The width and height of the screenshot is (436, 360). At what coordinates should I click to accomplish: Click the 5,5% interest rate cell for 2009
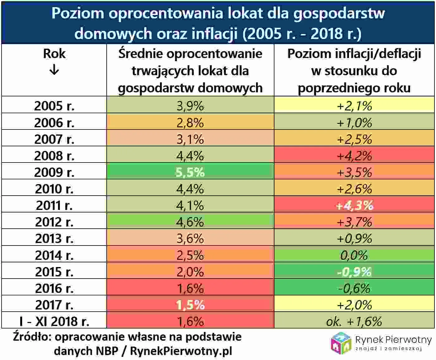coord(190,172)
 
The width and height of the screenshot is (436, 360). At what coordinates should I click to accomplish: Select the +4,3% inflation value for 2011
coord(354,205)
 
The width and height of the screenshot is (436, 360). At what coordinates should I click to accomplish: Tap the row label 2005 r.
coord(54,106)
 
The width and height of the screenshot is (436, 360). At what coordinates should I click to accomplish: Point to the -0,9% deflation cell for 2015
coord(354,272)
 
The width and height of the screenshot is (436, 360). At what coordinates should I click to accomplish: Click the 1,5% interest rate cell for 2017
coord(190,305)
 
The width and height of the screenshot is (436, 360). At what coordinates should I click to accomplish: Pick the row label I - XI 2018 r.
coord(54,321)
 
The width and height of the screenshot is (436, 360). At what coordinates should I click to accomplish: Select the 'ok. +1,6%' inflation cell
coord(354,321)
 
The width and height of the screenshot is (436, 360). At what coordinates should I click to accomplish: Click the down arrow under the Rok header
coord(54,70)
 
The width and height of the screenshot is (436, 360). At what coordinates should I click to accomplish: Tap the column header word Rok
coord(54,54)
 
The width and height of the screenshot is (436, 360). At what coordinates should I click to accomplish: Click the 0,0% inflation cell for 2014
coord(354,255)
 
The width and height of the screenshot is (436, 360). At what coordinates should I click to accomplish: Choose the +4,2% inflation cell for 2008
coord(354,156)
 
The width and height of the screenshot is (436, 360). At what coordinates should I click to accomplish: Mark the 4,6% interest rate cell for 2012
coord(190,222)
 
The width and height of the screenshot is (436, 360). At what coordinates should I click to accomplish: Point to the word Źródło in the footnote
coord(31,337)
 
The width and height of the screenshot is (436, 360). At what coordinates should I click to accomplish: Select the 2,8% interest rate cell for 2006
coord(190,123)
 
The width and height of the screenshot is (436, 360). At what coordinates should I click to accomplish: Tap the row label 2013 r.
coord(54,239)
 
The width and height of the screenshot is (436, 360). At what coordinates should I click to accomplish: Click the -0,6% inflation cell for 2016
coord(354,288)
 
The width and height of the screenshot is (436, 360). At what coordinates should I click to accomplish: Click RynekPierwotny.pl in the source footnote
coord(181,351)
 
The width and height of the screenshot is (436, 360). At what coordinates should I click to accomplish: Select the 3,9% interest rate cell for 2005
coord(190,106)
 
